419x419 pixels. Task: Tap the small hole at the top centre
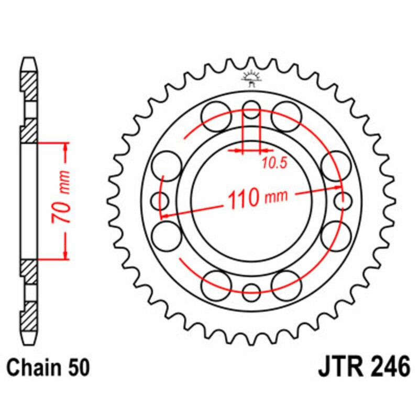(x=251, y=112)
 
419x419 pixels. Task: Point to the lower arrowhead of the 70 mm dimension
(x=65, y=253)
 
